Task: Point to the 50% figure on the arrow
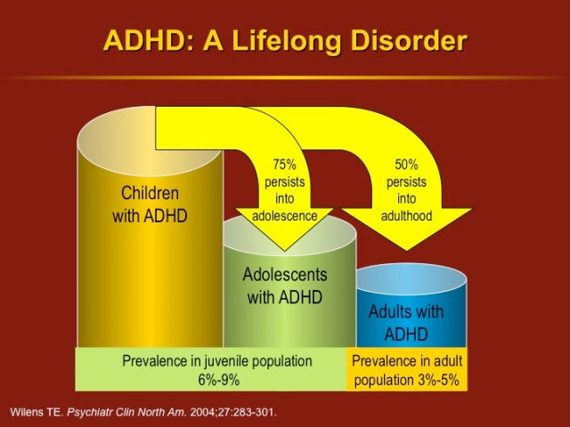tap(406, 164)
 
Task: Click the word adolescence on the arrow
tap(285, 215)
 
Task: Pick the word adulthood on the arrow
tap(406, 215)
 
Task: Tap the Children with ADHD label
tap(150, 204)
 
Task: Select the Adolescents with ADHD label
tap(285, 286)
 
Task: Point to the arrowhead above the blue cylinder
tap(406, 233)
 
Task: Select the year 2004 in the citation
tap(197, 413)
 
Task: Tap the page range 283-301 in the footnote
tap(250, 413)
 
